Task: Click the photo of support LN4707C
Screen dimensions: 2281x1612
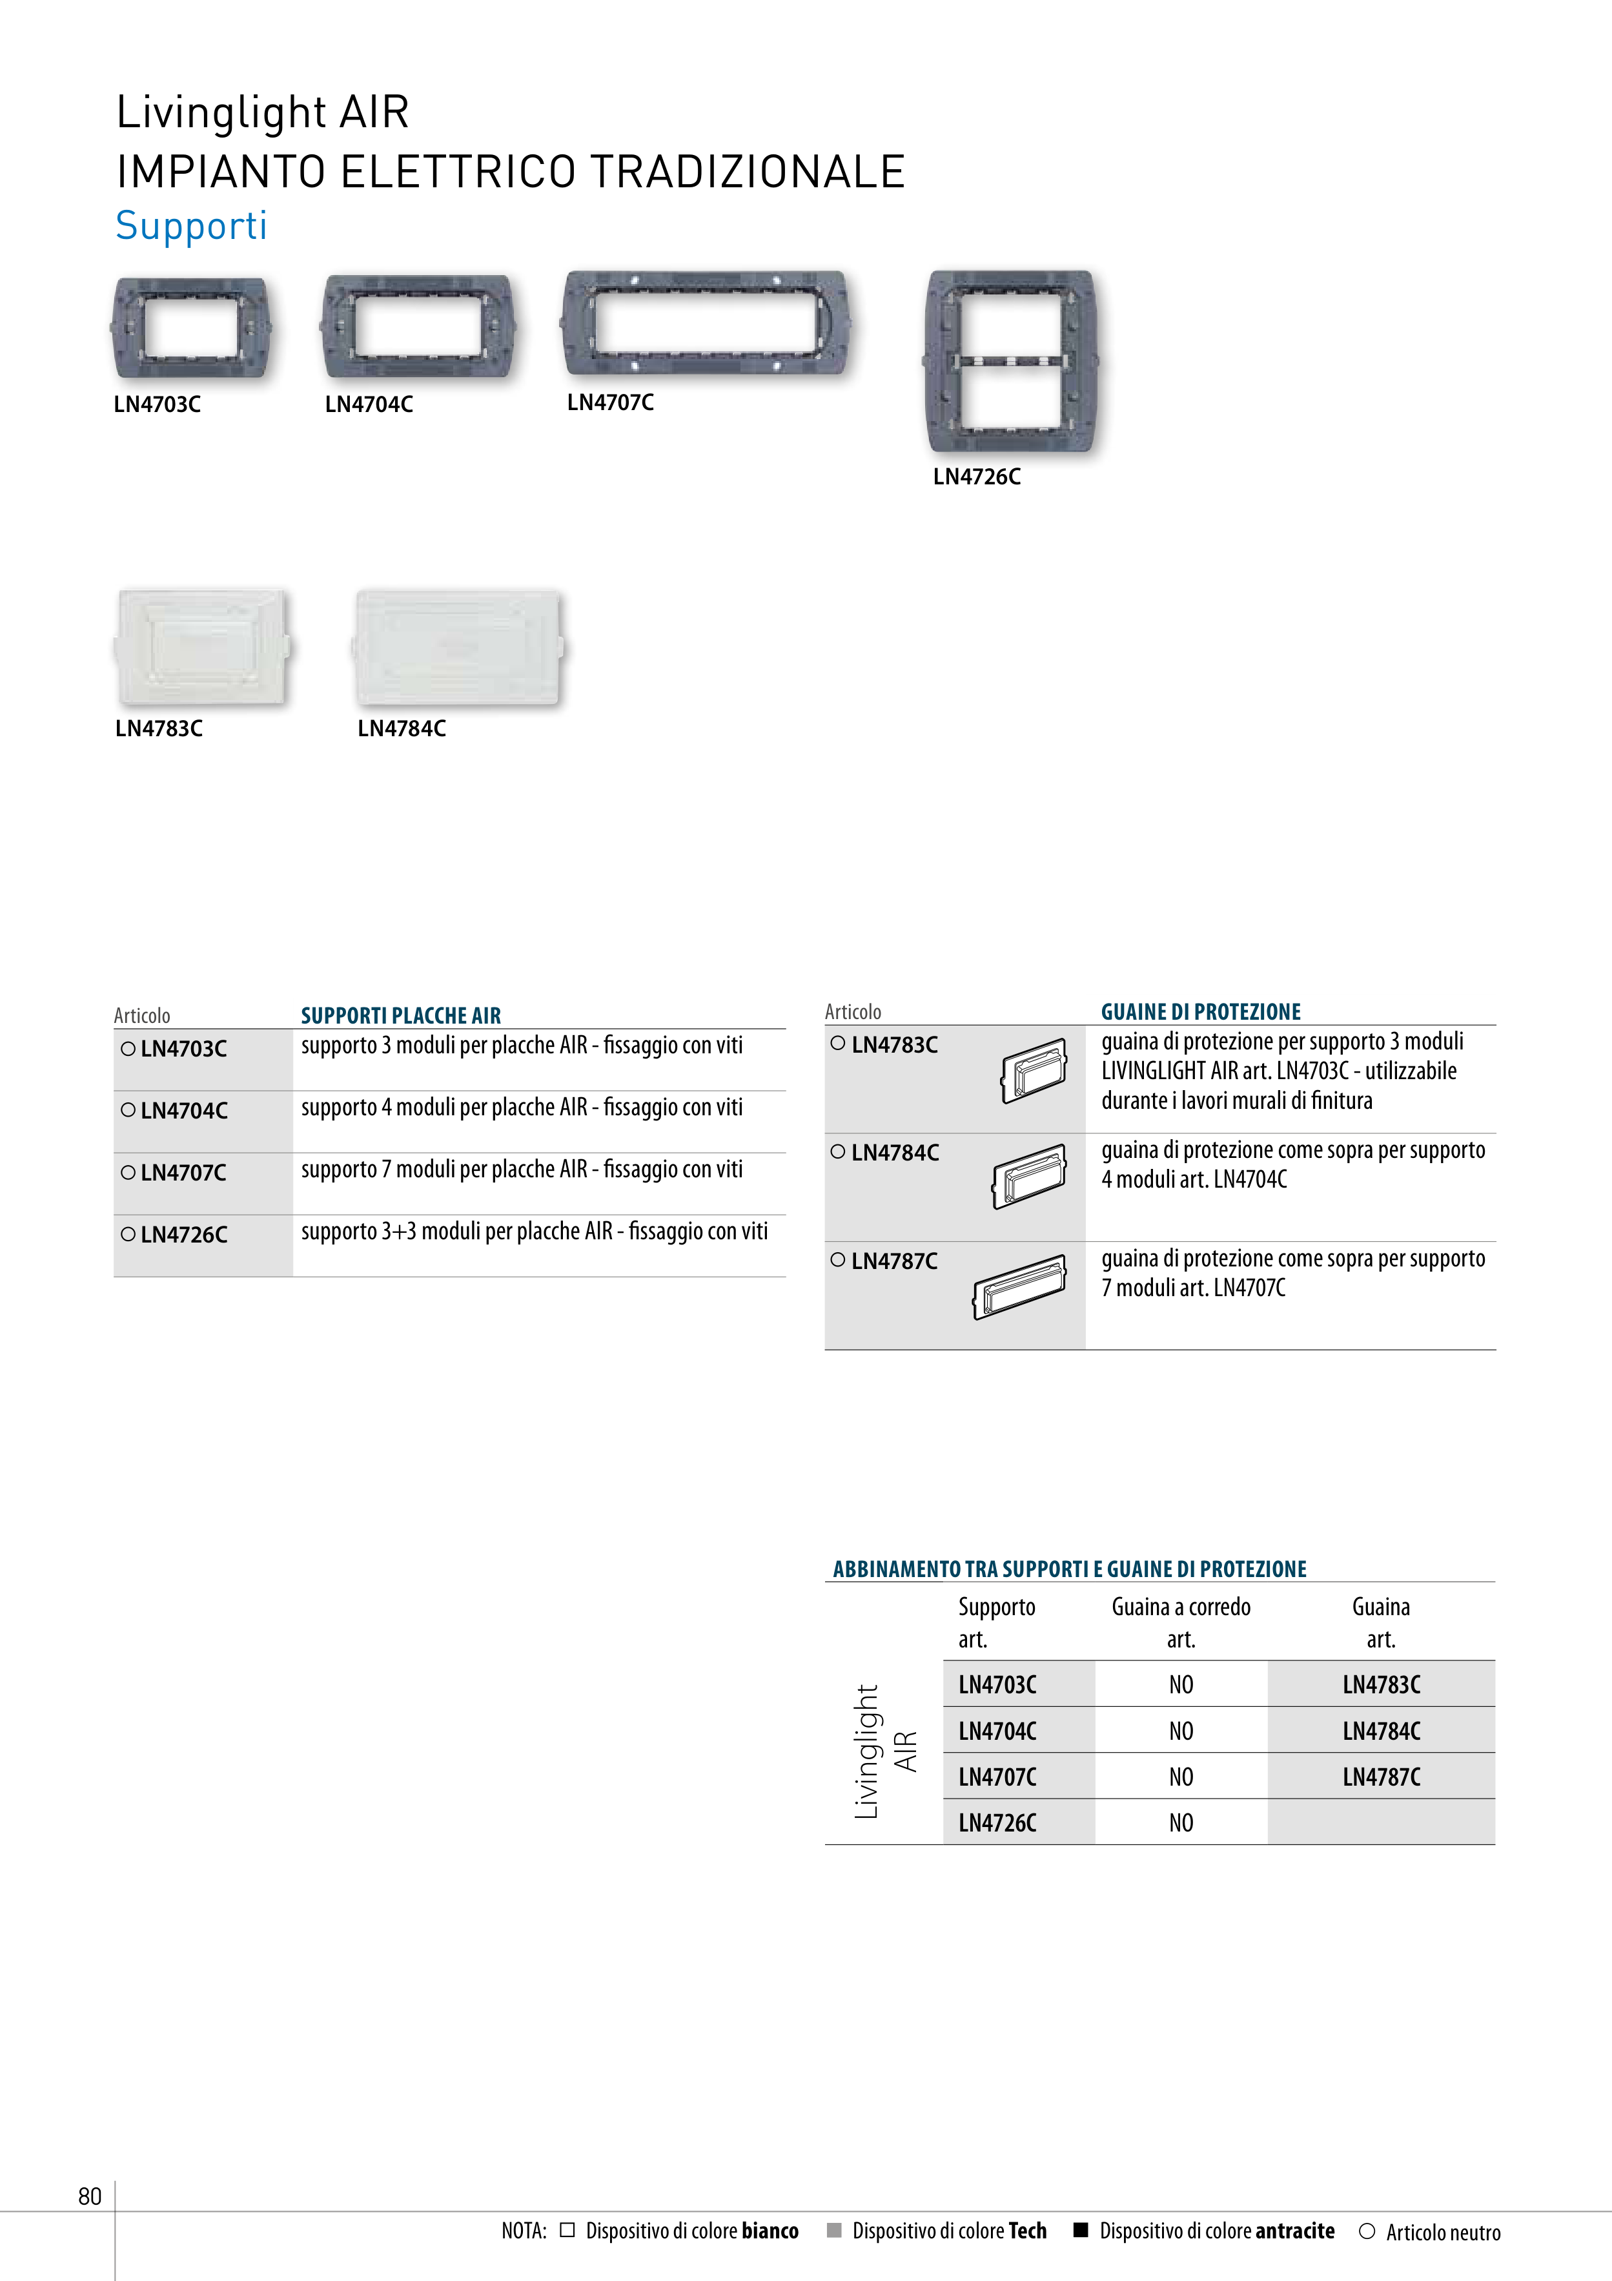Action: pyautogui.click(x=706, y=324)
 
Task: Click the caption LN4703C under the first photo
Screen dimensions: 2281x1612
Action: pyautogui.click(x=157, y=404)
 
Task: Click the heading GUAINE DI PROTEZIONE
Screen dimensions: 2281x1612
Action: pyautogui.click(x=1200, y=1011)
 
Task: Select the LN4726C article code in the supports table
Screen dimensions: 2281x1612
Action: pyautogui.click(x=184, y=1235)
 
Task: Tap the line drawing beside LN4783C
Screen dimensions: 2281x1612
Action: pyautogui.click(x=1034, y=1071)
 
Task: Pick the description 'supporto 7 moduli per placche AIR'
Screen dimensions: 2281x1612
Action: pyautogui.click(x=522, y=1170)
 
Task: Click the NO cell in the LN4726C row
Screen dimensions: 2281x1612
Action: pyautogui.click(x=1180, y=1823)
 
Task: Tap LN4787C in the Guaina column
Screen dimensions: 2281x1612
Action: pyautogui.click(x=1381, y=1777)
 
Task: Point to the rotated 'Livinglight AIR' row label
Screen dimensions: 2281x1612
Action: pyautogui.click(x=884, y=1751)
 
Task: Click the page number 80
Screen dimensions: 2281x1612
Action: pyautogui.click(x=89, y=2196)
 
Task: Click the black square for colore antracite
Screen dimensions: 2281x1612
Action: pyautogui.click(x=1081, y=2231)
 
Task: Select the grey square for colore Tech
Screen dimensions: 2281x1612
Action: pyautogui.click(x=834, y=2231)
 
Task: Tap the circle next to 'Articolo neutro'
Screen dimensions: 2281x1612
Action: pyautogui.click(x=1367, y=2231)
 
